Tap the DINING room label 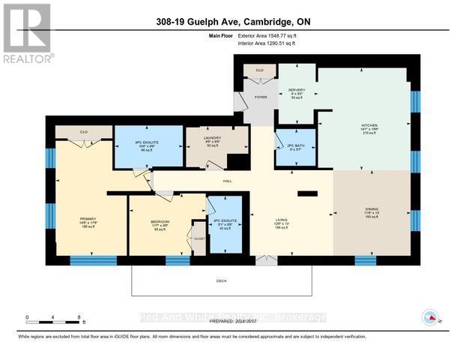(x=372, y=209)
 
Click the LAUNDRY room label (x=213, y=137)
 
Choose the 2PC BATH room (x=294, y=145)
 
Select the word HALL (x=228, y=181)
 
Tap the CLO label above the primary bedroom (x=84, y=132)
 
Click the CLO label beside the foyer (x=259, y=70)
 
